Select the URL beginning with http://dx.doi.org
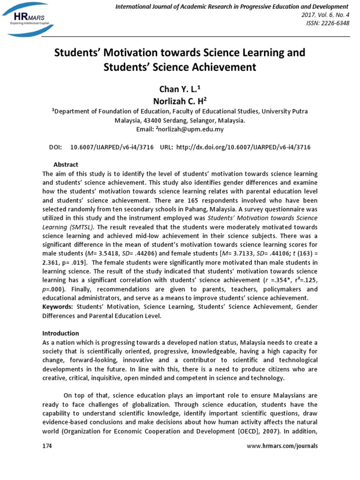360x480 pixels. (x=248, y=147)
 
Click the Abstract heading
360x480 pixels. (x=66, y=165)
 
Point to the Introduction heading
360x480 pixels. (x=60, y=333)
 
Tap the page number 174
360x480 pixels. (x=47, y=446)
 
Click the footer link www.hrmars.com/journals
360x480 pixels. (x=282, y=446)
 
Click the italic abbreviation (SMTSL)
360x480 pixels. (x=82, y=227)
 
